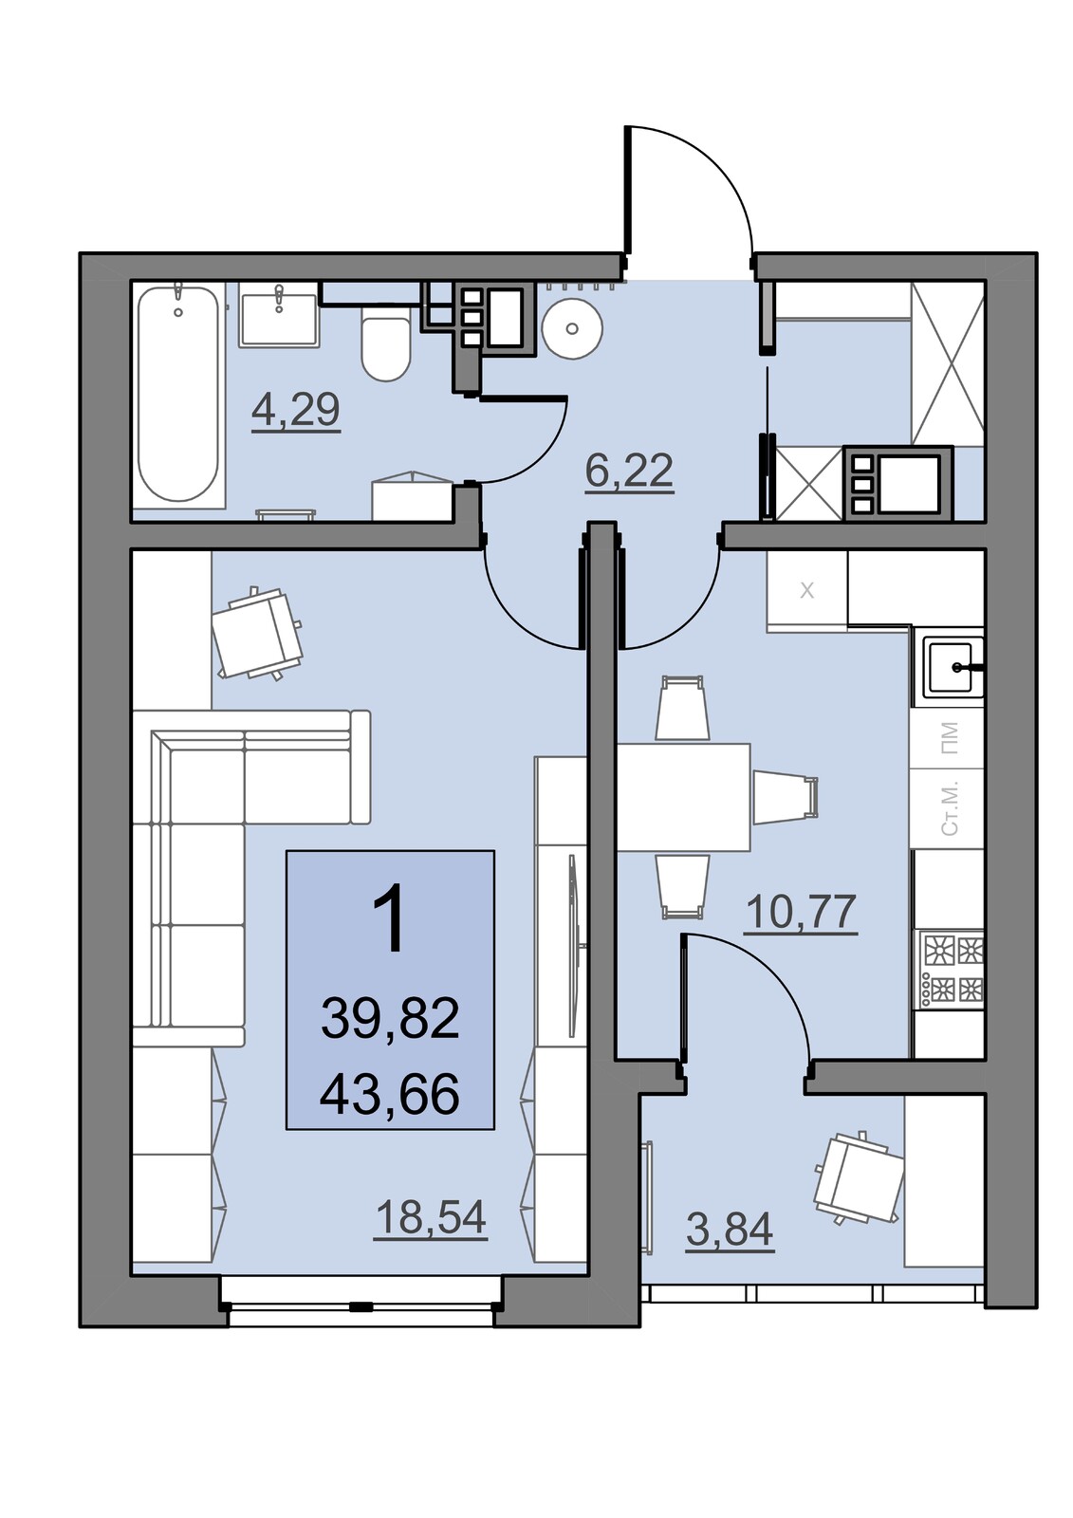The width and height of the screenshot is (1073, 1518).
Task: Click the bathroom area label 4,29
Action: click(296, 410)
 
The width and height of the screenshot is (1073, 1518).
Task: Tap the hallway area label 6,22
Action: click(629, 470)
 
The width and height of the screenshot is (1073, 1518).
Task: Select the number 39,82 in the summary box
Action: click(390, 1019)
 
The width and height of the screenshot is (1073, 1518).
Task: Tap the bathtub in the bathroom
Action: click(179, 395)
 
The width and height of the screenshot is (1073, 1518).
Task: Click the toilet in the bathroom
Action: click(386, 345)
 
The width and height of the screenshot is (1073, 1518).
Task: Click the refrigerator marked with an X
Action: click(806, 591)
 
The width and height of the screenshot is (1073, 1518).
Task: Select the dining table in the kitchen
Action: click(682, 797)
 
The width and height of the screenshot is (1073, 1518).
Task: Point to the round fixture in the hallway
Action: click(572, 329)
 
